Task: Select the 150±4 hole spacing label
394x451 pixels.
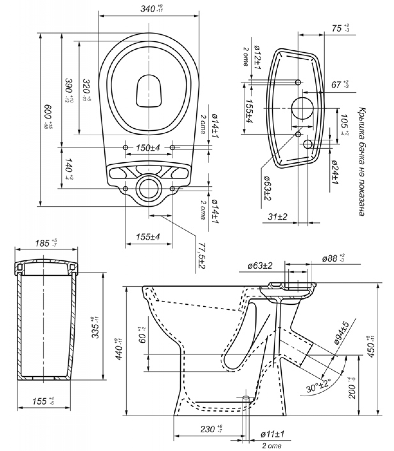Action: (x=148, y=148)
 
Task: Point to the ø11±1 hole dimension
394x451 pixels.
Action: (x=272, y=434)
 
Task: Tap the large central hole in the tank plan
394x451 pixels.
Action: (x=302, y=109)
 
